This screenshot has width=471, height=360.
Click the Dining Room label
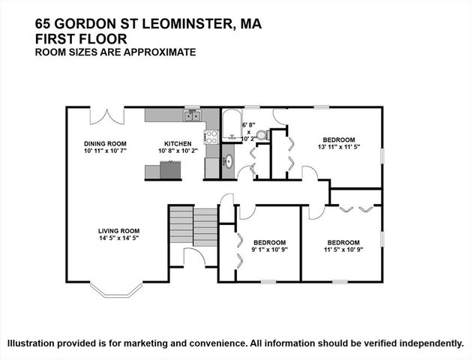pos(104,143)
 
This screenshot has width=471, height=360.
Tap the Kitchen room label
pos(178,143)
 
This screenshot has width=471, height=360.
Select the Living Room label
pos(118,231)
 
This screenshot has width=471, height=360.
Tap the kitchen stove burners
pos(211,136)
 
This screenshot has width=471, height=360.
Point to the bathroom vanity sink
pos(229,160)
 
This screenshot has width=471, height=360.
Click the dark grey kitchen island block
pos(171,170)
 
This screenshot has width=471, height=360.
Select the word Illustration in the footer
pos(36,343)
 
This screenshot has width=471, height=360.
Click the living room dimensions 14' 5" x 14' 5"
pos(118,238)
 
